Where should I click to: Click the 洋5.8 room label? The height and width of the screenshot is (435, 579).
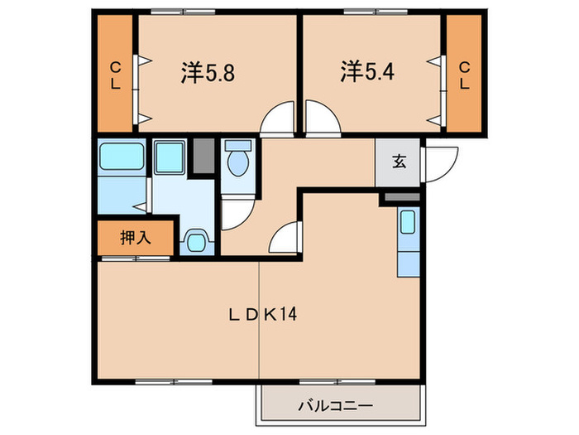(x=208, y=73)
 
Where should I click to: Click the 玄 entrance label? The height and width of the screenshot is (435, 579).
(x=399, y=162)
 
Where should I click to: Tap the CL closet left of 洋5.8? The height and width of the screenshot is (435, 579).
(x=115, y=75)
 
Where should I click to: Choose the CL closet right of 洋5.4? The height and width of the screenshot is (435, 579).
(x=465, y=75)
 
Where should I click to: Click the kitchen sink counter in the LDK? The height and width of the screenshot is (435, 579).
(x=409, y=240)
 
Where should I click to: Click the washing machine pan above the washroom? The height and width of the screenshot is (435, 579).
(x=170, y=156)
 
